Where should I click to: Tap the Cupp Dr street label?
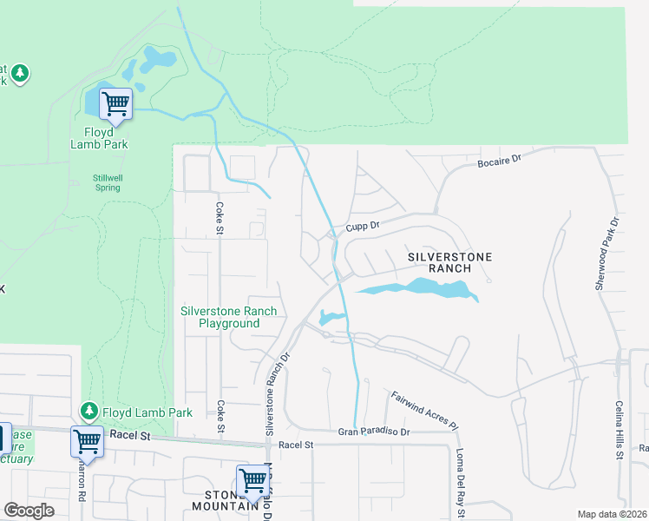[364, 226]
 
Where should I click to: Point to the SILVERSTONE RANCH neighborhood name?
[450, 262]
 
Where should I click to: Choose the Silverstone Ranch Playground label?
[229, 317]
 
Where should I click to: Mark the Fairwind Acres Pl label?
[423, 410]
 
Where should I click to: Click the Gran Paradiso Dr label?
[372, 432]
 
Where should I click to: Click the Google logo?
[29, 511]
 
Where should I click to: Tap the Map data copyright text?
[613, 514]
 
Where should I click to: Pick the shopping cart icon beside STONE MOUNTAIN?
[252, 479]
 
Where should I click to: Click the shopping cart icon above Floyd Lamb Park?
[115, 103]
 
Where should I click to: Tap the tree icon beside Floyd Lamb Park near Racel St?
[88, 409]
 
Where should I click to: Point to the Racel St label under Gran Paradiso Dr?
[295, 445]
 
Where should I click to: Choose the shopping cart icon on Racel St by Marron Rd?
[87, 441]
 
